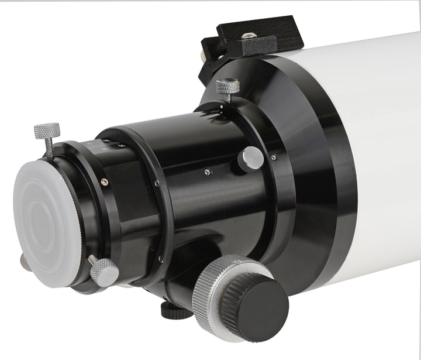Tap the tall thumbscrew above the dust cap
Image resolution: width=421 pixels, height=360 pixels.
tap(47, 129)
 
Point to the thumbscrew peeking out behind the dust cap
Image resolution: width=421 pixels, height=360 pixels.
tap(25, 262)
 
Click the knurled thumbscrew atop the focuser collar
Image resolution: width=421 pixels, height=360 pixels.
tap(227, 86)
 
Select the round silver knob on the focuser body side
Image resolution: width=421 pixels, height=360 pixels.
tap(251, 157)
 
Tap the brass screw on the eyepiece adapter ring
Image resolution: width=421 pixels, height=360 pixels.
tap(104, 182)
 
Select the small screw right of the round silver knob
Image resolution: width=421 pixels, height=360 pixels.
tap(274, 157)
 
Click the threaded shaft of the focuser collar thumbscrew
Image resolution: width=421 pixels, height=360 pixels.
tap(228, 98)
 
